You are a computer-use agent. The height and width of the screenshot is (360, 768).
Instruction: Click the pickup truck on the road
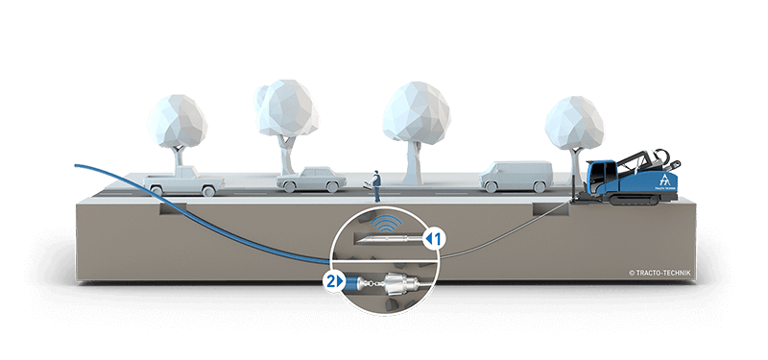pos(184,180)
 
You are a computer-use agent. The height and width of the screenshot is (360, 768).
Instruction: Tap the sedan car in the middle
pos(311,180)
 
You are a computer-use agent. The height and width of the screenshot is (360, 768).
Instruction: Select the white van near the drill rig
pos(516,177)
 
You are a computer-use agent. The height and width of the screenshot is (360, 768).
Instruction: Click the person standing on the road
pos(376,186)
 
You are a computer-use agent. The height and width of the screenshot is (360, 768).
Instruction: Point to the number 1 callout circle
pos(435,239)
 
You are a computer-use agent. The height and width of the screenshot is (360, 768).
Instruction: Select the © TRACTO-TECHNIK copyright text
pos(660,273)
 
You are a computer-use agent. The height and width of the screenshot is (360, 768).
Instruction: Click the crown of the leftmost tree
pos(177,122)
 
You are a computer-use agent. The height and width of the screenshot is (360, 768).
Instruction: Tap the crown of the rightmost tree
pos(574,123)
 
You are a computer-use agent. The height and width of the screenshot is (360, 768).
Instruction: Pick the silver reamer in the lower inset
pos(400,283)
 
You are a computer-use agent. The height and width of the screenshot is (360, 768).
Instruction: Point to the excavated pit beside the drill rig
pos(550,208)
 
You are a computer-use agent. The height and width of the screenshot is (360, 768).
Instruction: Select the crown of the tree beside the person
pos(417,111)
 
